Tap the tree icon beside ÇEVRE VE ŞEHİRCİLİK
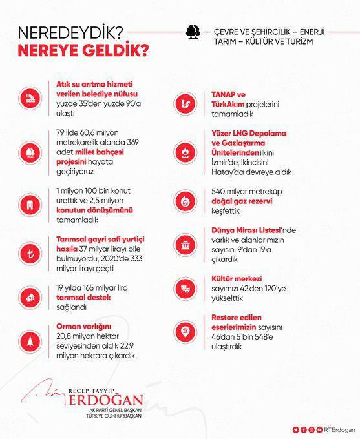click(191, 34)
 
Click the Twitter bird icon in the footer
click(295, 429)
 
